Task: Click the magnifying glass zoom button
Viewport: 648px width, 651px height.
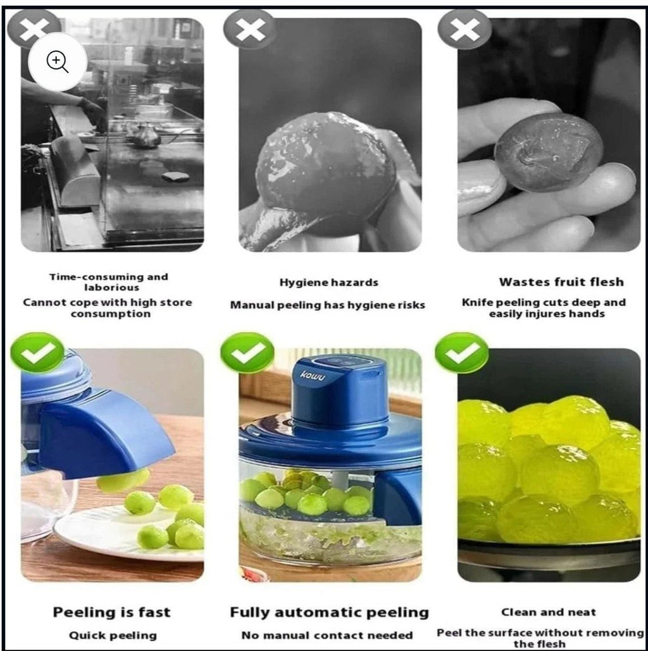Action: point(58,61)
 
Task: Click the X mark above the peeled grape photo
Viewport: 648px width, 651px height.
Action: point(250,28)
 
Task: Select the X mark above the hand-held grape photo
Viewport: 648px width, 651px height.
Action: point(464,29)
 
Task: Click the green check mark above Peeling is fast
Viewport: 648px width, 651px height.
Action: point(37,352)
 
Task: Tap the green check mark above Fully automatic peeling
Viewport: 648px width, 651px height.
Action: point(247,353)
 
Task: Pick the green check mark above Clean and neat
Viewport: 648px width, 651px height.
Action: point(462,353)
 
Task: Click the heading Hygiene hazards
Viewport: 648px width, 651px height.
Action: point(328,282)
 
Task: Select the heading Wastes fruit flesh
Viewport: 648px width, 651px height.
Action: point(561,282)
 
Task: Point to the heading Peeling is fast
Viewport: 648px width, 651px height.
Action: point(111,612)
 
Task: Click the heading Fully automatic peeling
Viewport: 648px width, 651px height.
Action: point(329,612)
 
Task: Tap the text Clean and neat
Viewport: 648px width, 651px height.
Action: point(548,612)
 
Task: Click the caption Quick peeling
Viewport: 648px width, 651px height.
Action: point(113,635)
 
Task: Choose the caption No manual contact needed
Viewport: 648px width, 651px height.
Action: point(327,635)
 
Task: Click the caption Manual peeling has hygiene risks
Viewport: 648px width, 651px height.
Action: point(327,305)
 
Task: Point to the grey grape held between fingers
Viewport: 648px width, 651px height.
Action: point(548,151)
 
